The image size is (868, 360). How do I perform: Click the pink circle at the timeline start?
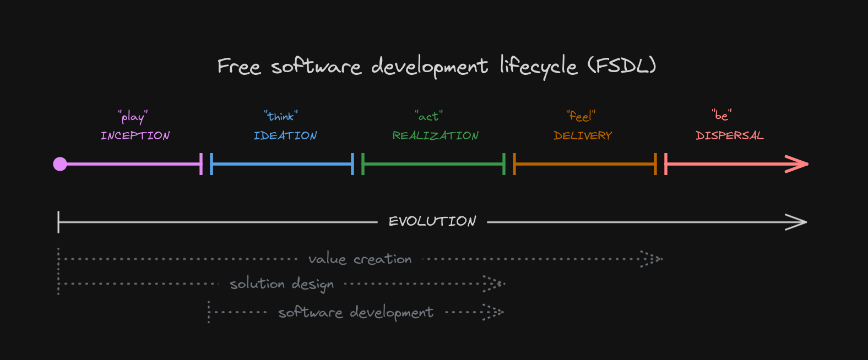click(x=60, y=164)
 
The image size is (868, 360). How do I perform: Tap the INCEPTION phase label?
click(x=135, y=135)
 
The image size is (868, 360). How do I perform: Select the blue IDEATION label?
click(x=285, y=135)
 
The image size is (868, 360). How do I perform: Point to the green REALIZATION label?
click(x=436, y=135)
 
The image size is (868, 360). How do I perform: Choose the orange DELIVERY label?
click(x=583, y=135)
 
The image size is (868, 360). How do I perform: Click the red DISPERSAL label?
click(x=730, y=135)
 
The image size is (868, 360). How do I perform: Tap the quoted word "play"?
click(x=133, y=117)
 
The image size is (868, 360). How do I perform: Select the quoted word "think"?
click(x=281, y=116)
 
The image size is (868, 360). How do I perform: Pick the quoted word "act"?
click(x=429, y=116)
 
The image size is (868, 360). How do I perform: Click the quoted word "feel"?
click(x=581, y=116)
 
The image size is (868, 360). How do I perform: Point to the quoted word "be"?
click(x=721, y=115)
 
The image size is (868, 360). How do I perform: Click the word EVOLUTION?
click(x=432, y=221)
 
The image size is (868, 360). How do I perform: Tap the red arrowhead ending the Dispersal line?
click(x=798, y=164)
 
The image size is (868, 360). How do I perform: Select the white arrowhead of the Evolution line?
click(x=797, y=222)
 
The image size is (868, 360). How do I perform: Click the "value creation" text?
click(x=360, y=259)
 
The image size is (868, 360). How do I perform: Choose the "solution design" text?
click(x=281, y=284)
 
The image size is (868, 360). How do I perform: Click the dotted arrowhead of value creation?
click(x=652, y=259)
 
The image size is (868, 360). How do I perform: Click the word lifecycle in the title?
click(x=539, y=67)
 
